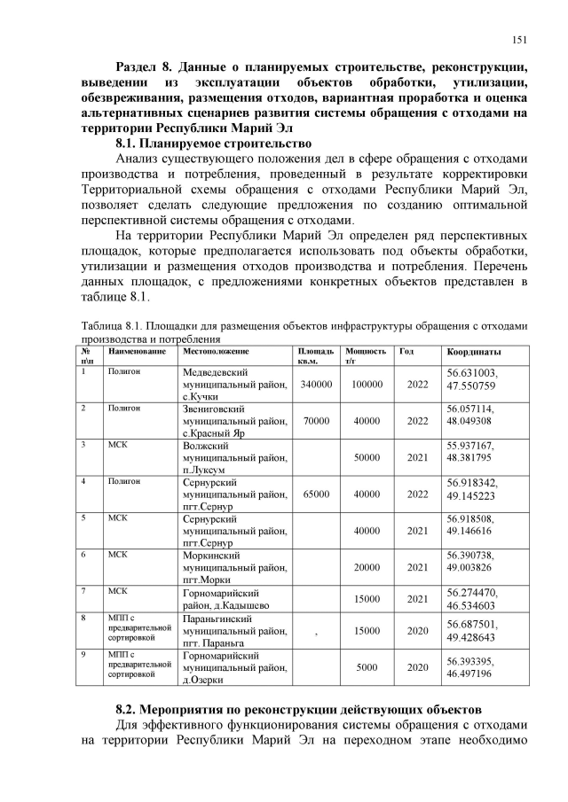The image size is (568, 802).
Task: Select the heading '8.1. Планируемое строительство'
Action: pos(214,143)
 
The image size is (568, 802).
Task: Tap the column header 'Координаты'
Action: pos(474,352)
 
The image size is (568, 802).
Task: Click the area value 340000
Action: pos(316,384)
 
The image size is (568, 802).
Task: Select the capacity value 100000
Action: pos(367,384)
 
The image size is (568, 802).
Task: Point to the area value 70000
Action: pos(316,421)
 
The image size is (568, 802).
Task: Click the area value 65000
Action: pos(316,494)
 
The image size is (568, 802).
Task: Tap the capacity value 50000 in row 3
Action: pos(367,457)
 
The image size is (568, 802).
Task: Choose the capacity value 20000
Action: pos(367,566)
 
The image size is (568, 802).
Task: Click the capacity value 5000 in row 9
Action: pos(367,667)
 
